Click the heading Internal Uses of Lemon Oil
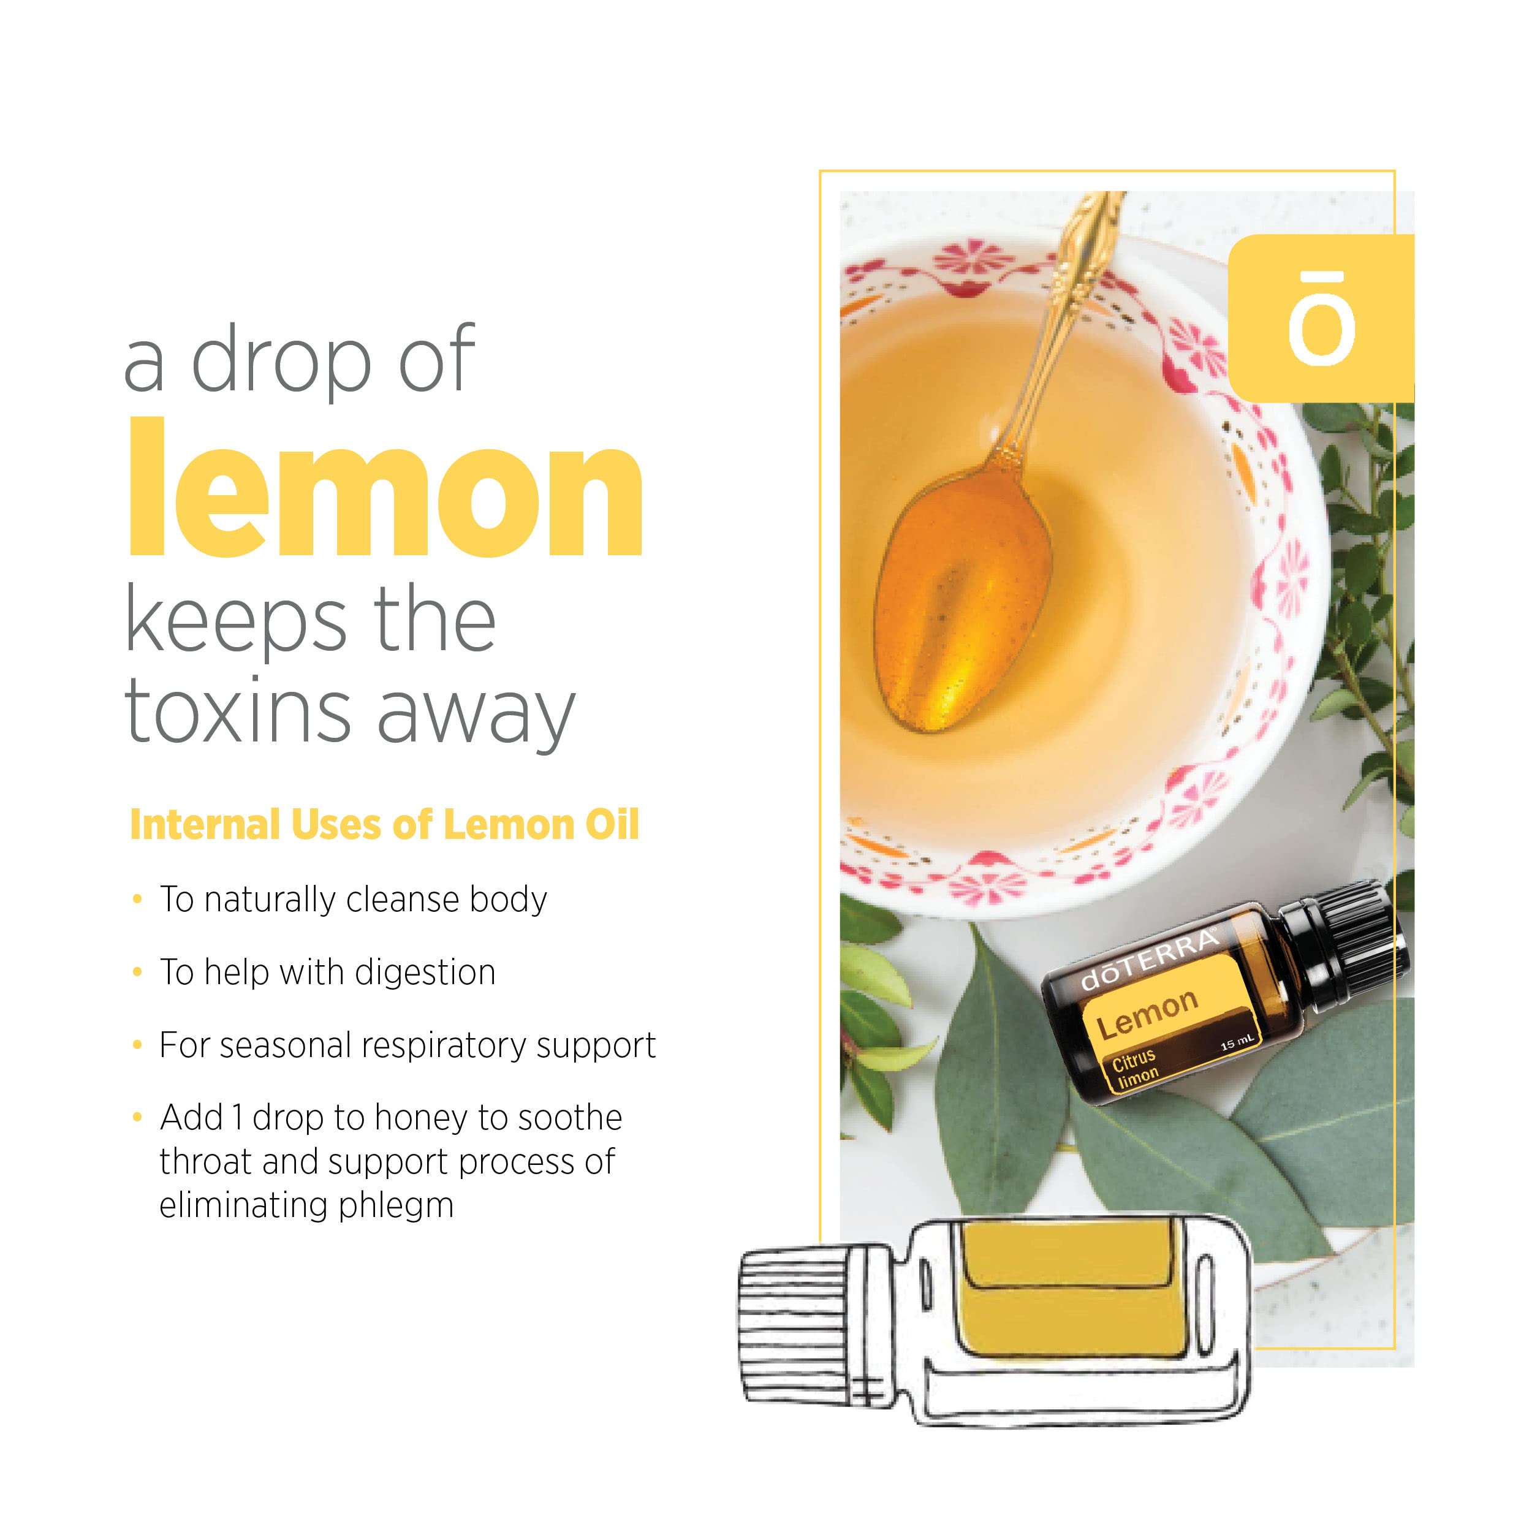(384, 825)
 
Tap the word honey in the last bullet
(420, 1118)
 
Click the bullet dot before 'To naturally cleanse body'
(138, 899)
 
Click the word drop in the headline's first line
(281, 361)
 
